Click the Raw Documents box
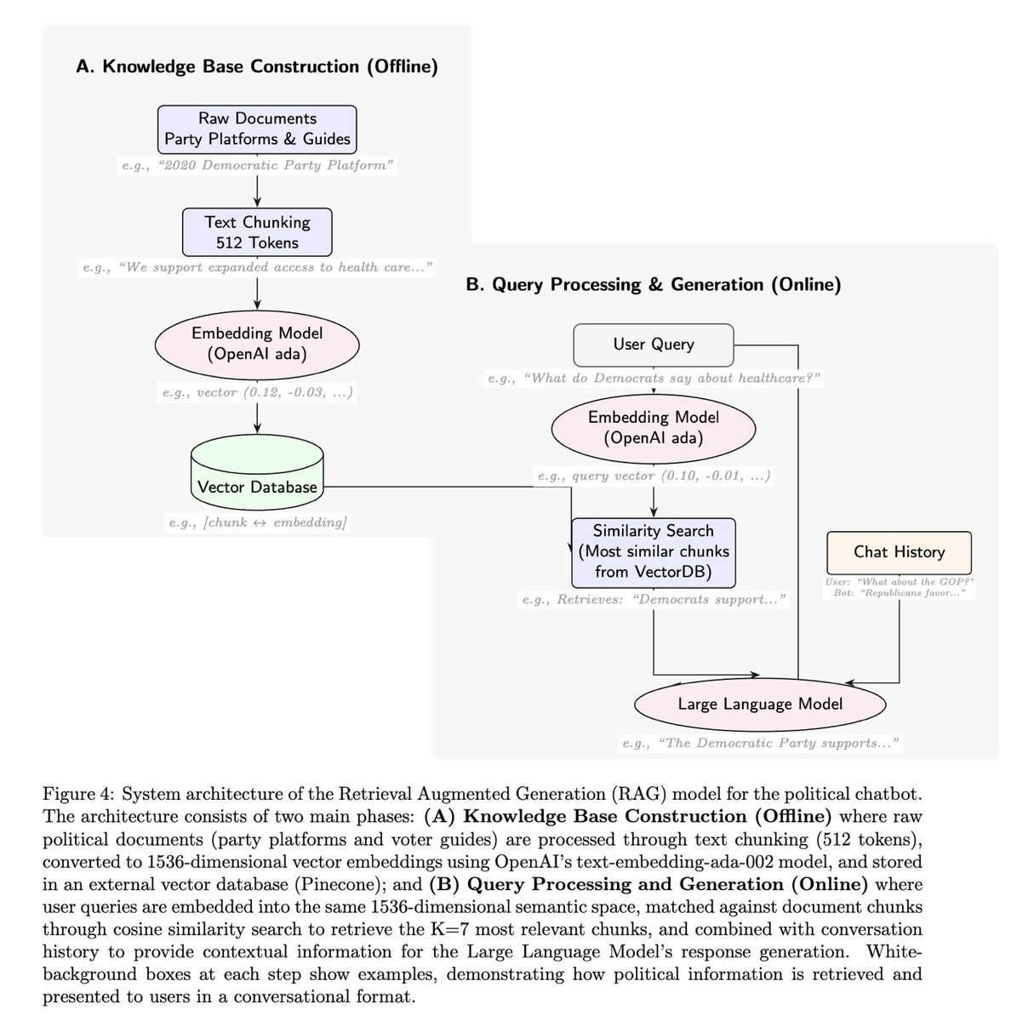pyautogui.click(x=257, y=129)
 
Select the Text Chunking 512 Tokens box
pyautogui.click(x=257, y=232)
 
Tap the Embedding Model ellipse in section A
pyautogui.click(x=257, y=343)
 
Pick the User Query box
pyautogui.click(x=654, y=345)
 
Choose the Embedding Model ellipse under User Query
pyautogui.click(x=654, y=428)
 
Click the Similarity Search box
pyautogui.click(x=654, y=551)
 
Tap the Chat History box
pyautogui.click(x=899, y=552)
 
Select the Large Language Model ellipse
pyautogui.click(x=760, y=704)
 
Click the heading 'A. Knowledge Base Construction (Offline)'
pyautogui.click(x=257, y=67)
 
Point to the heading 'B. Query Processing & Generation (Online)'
pyautogui.click(x=654, y=285)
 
